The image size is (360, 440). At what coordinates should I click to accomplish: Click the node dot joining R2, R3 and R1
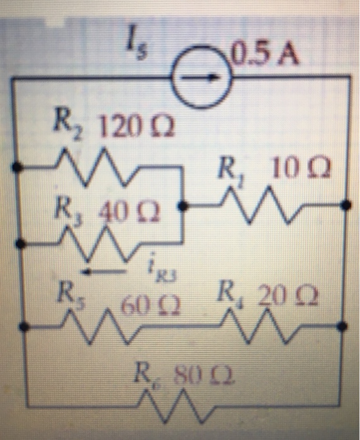[182, 205]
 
